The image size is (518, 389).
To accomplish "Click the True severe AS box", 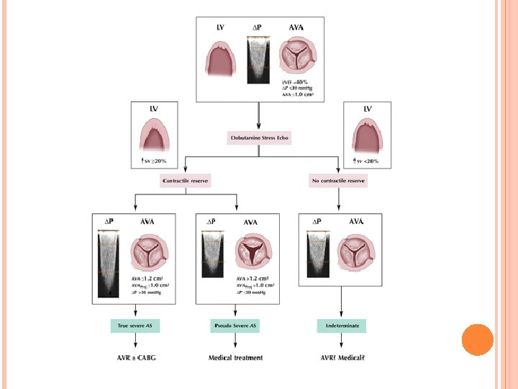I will click(x=136, y=326).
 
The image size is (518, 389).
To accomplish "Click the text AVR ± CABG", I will click(x=136, y=357).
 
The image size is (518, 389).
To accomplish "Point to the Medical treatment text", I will click(x=236, y=357).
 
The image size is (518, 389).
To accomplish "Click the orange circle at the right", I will click(x=476, y=339).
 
